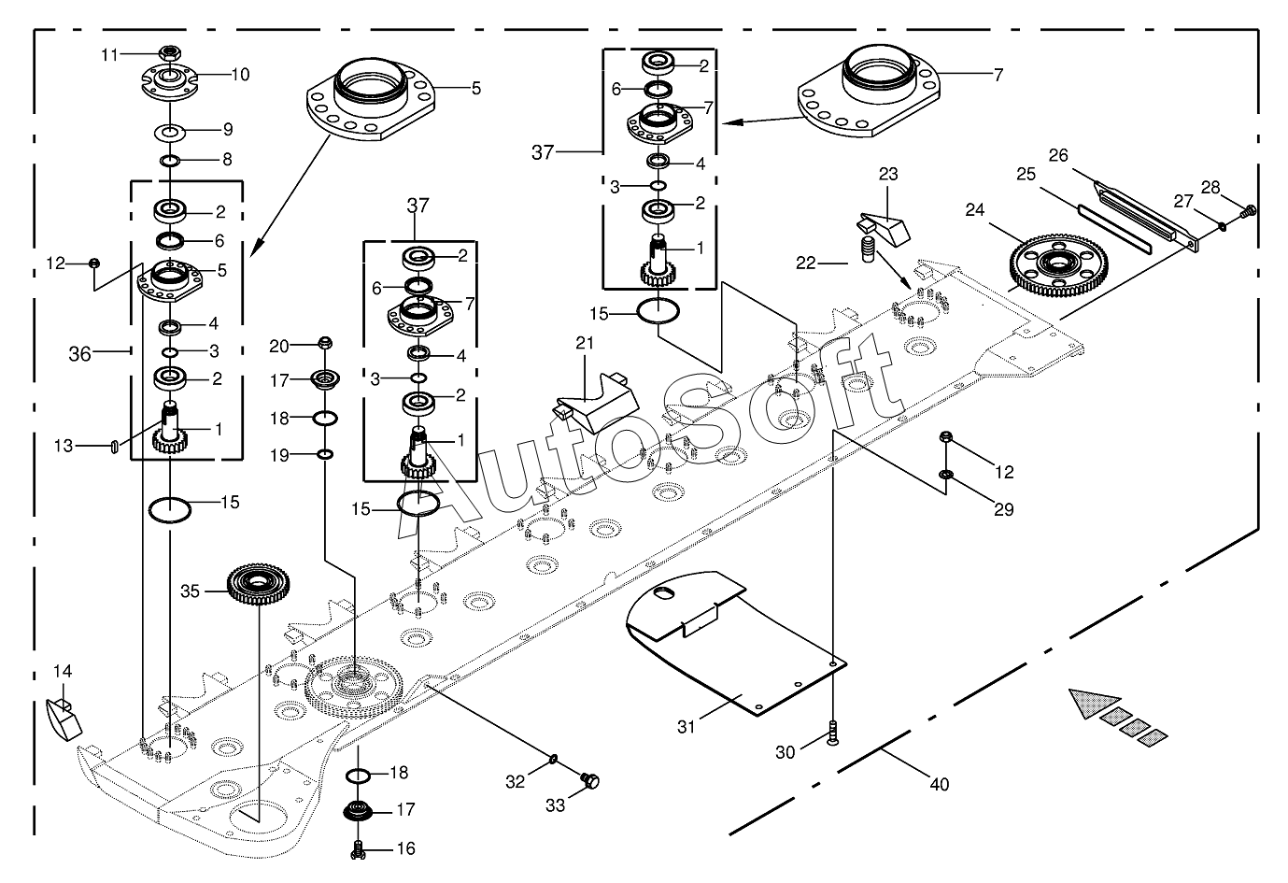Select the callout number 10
(240, 75)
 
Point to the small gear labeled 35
(258, 584)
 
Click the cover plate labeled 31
(736, 643)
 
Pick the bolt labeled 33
(590, 781)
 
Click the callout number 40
(939, 784)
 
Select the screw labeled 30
(832, 733)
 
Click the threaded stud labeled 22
(869, 250)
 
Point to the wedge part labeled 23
(884, 227)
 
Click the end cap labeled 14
(63, 719)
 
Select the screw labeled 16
(358, 850)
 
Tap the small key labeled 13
(114, 447)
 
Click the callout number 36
(80, 354)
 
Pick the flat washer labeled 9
(170, 133)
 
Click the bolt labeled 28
(1250, 211)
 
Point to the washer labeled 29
(945, 475)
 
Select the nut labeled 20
(325, 343)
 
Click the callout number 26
(1058, 155)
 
